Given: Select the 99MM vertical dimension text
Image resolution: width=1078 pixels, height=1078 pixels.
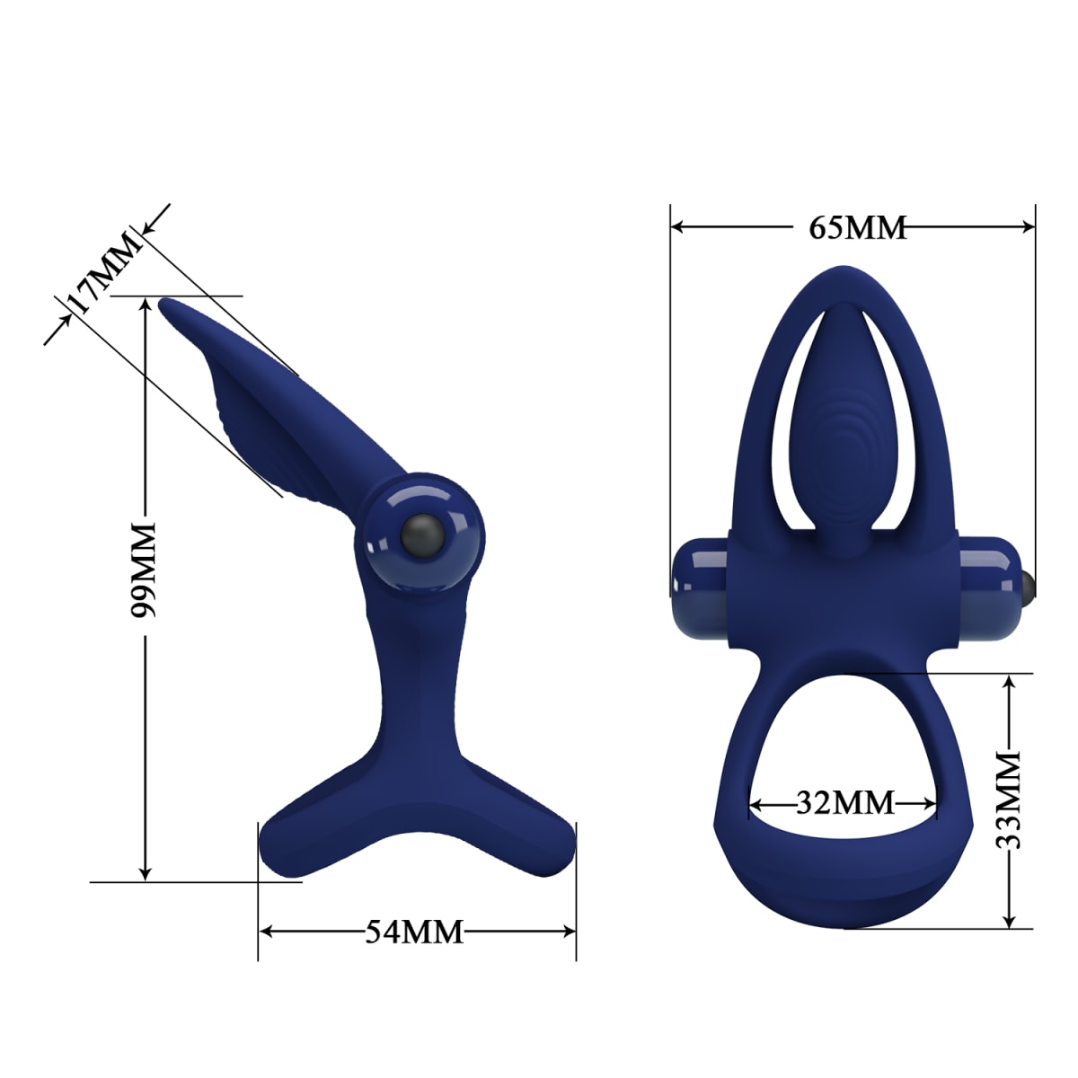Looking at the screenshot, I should [144, 569].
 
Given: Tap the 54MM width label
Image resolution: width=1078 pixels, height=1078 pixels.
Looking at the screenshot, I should [414, 932].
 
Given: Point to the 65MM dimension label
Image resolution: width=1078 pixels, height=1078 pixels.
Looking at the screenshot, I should [857, 227].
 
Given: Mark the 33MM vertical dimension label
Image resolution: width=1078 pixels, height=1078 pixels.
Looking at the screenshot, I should [1011, 801].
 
